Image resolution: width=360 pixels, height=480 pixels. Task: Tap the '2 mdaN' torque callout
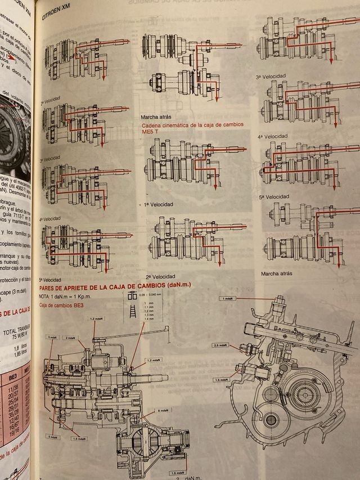tap(70, 338)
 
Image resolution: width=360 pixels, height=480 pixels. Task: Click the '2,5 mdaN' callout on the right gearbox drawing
tap(220, 344)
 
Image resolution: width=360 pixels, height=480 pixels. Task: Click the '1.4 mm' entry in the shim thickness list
tap(148, 318)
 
